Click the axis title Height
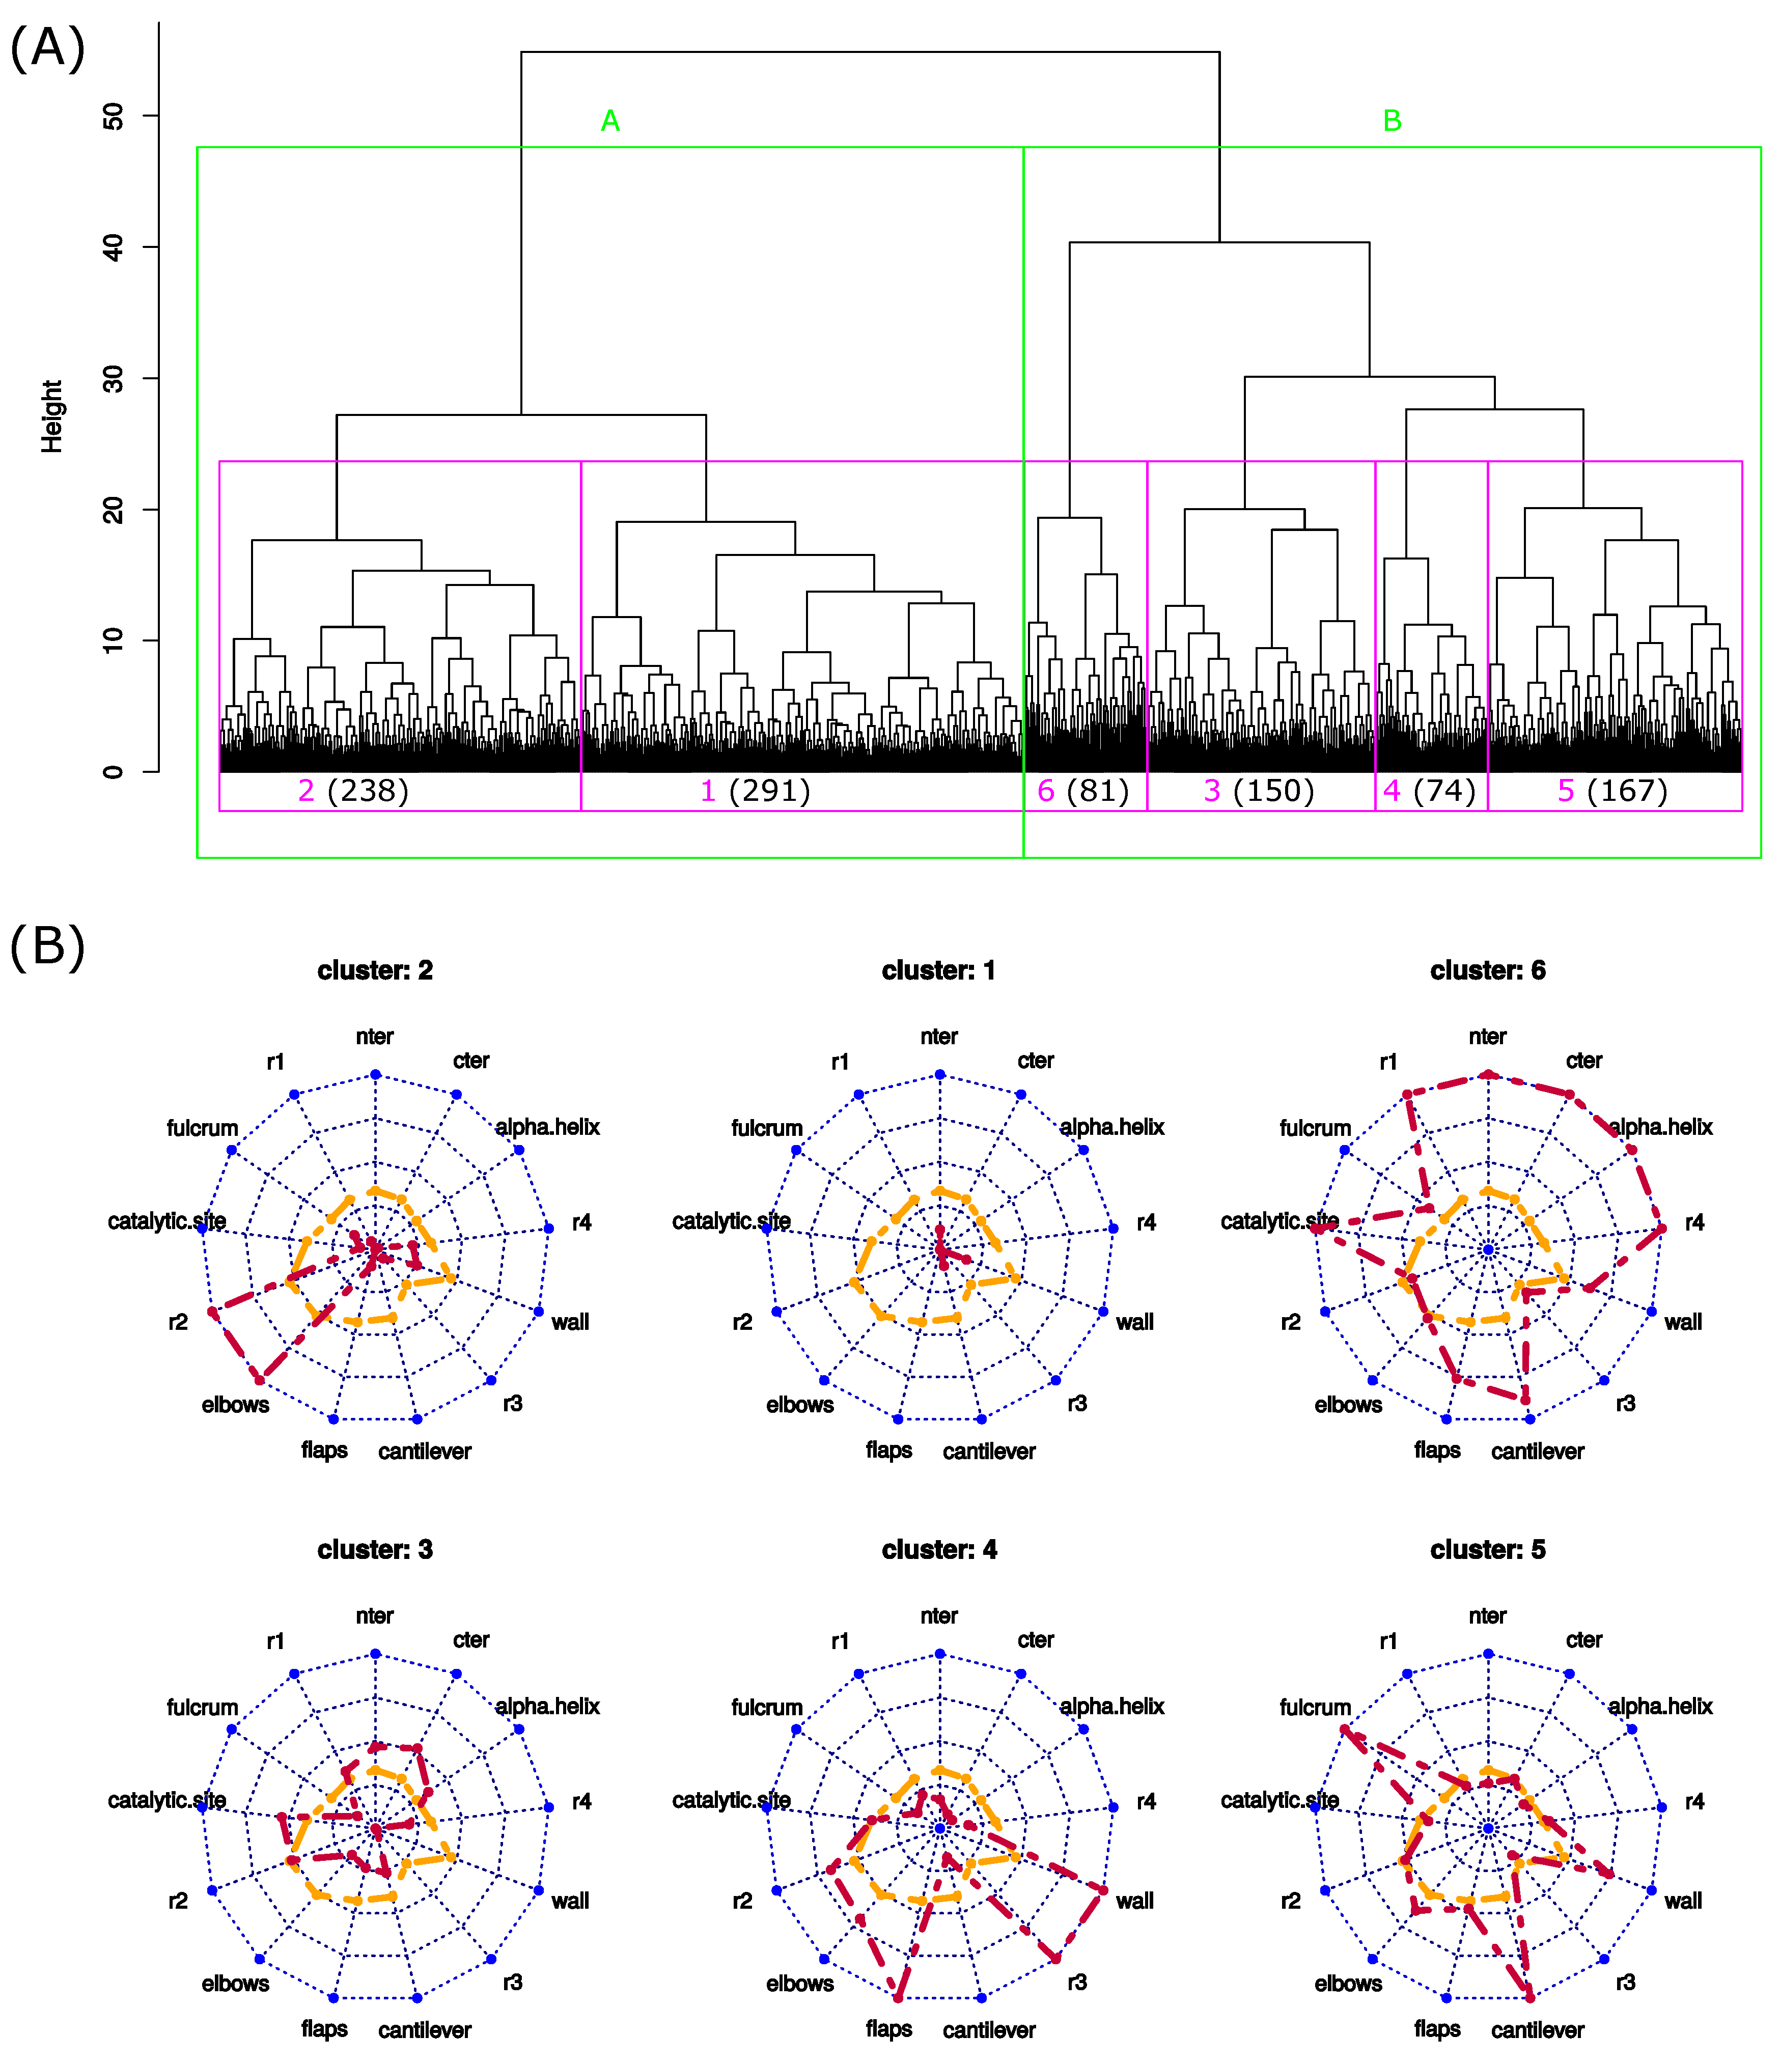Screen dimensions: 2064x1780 tap(52, 416)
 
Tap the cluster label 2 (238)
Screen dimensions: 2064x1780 tap(354, 791)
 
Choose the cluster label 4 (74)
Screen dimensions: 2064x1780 tap(1429, 791)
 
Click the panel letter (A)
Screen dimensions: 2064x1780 tap(47, 48)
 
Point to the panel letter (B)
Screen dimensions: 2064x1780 tap(47, 946)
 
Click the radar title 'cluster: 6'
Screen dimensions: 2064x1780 tap(1487, 970)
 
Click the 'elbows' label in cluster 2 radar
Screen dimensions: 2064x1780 tap(235, 1405)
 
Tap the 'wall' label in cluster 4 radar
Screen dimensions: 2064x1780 tap(1134, 1901)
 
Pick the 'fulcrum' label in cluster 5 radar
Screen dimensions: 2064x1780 tap(1315, 1708)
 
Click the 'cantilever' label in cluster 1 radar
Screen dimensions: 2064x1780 tap(989, 1452)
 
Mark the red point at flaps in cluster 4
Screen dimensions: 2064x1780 tap(899, 1997)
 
